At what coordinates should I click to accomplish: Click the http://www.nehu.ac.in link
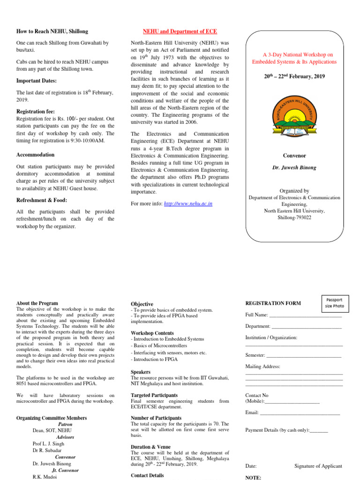click(185, 203)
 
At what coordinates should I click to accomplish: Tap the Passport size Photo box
click(335, 303)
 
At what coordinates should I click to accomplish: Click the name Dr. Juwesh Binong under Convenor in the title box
click(294, 167)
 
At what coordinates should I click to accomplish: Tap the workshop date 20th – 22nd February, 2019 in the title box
click(294, 76)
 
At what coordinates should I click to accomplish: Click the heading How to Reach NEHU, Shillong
click(52, 31)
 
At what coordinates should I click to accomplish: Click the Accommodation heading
click(35, 155)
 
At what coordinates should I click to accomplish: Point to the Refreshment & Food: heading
click(42, 200)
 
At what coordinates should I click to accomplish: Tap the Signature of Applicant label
click(318, 466)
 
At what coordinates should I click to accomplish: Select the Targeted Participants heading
click(154, 395)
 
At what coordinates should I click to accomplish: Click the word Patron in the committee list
click(65, 424)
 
